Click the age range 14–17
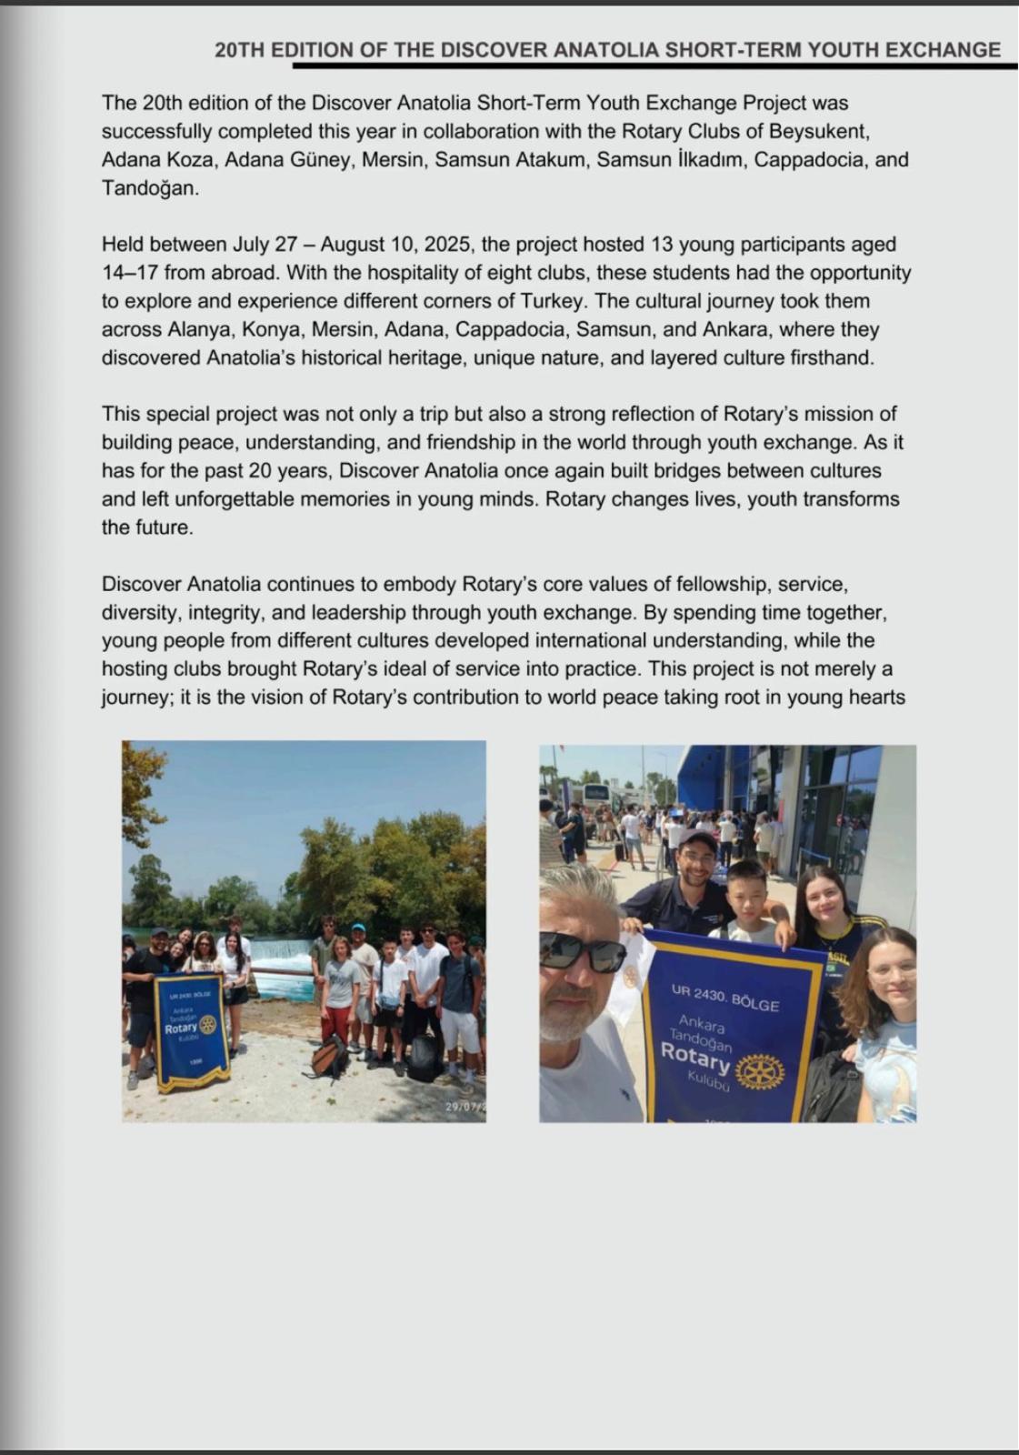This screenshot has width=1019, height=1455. [x=130, y=273]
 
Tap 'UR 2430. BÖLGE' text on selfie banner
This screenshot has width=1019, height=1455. [x=724, y=998]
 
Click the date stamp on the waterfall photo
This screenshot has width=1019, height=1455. [x=465, y=1107]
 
